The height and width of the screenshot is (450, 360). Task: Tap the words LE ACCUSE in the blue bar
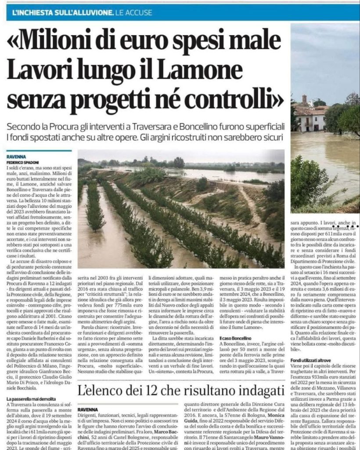pos(133,13)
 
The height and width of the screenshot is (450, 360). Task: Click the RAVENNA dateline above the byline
pos(16,156)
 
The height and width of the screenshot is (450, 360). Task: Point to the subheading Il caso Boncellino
pos(236,339)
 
